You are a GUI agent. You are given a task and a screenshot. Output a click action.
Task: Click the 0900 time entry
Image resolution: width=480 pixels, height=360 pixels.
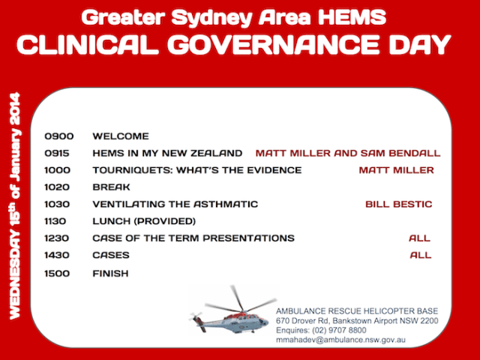coord(59,136)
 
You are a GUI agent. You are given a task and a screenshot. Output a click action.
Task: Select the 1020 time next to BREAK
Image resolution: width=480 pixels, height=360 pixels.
coord(59,187)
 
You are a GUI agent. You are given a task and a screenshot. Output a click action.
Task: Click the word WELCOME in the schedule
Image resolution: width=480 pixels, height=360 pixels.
coord(121,136)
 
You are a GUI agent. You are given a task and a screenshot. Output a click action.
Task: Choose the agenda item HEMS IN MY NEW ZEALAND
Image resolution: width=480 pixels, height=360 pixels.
coord(167,153)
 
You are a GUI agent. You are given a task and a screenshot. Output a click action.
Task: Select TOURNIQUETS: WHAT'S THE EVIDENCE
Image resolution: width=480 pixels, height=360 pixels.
coord(196,170)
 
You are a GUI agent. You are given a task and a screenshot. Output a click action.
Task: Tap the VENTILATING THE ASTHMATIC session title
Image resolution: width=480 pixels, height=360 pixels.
coord(175,204)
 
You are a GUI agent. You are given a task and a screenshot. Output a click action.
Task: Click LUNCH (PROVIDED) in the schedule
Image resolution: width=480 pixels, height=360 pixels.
coord(144,221)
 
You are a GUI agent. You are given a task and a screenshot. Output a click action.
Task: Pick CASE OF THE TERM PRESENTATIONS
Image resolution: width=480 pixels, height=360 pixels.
coord(193,238)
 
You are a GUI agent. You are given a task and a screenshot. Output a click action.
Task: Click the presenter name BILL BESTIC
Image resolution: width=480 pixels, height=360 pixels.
coord(398,204)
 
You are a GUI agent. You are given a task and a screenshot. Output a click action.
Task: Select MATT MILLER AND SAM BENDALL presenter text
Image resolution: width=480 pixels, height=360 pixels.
coord(348,153)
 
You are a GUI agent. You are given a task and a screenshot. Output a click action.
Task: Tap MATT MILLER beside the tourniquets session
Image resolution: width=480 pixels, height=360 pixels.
coord(396,170)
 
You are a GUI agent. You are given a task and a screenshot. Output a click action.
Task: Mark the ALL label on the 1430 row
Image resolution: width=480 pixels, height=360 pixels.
coord(421,255)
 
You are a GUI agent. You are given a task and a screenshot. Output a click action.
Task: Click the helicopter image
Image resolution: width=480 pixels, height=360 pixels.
coord(233,314)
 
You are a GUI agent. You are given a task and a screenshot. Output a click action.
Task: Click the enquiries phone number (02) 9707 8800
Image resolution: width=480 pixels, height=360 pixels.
coord(343,330)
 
